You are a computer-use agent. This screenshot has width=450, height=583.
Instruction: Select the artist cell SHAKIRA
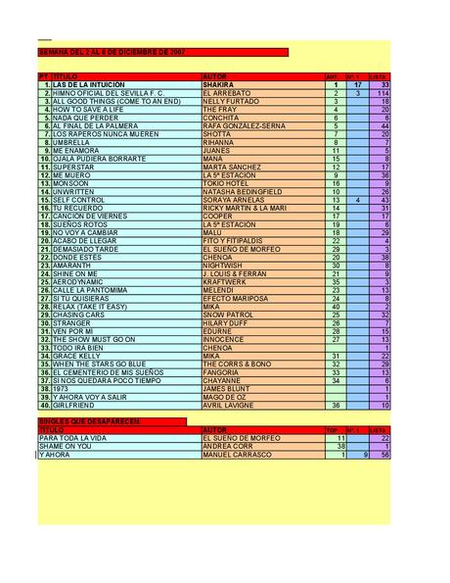(219, 85)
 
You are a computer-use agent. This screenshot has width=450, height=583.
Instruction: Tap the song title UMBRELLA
(70, 141)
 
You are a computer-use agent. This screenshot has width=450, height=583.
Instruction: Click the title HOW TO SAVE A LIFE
(88, 109)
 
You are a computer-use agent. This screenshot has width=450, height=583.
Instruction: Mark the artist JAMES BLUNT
(224, 388)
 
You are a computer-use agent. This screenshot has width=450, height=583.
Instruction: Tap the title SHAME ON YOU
(65, 446)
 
